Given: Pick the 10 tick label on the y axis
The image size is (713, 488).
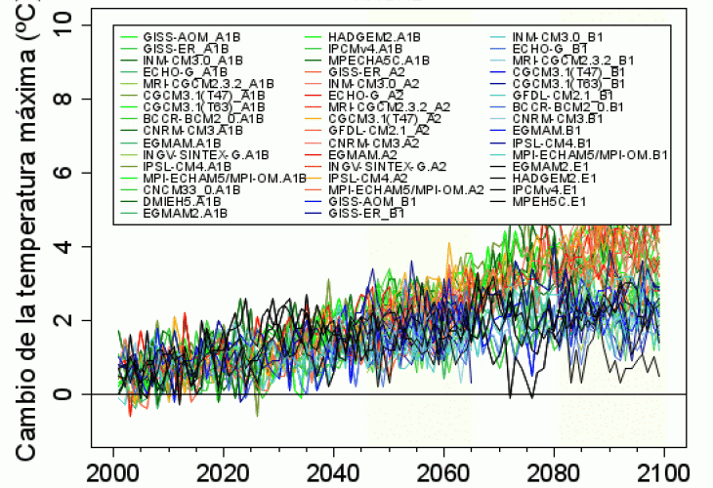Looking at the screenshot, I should pyautogui.click(x=64, y=23).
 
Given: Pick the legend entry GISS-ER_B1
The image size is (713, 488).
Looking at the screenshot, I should pyautogui.click(x=366, y=213).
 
